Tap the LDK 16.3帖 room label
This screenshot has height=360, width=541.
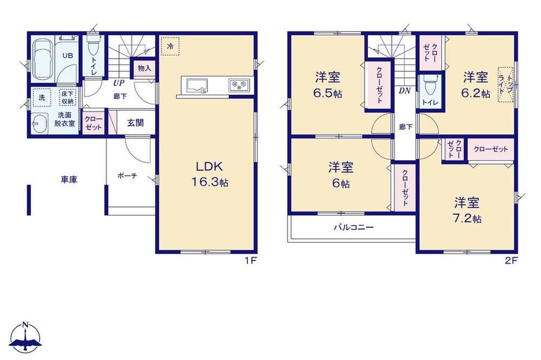(x=210, y=174)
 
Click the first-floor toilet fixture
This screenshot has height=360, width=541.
(x=93, y=48)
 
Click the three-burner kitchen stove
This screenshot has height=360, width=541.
(x=239, y=85)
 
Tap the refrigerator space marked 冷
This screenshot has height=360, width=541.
(x=170, y=46)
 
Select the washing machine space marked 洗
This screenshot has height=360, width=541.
(x=42, y=97)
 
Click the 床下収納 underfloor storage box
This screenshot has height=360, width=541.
(x=68, y=97)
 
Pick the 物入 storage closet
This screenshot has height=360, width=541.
(x=144, y=69)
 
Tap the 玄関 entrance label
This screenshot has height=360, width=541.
(x=136, y=123)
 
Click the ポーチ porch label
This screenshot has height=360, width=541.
(x=127, y=176)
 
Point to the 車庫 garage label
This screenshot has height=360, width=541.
(x=69, y=180)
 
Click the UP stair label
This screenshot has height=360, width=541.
(x=119, y=83)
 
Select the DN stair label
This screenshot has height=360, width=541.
(x=405, y=91)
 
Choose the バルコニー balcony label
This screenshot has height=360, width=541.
(x=354, y=227)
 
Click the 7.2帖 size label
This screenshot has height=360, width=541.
(x=468, y=219)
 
